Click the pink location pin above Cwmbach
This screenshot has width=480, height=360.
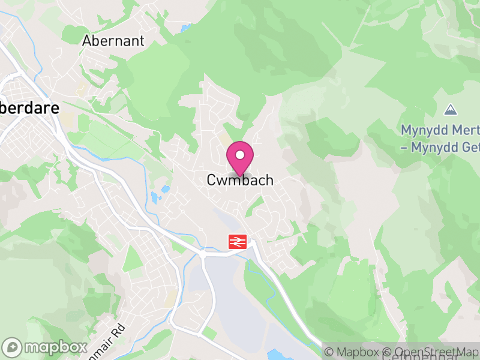pos(240,158)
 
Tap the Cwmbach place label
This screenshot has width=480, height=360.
pos(240,180)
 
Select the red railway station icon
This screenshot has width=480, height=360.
pos(238,241)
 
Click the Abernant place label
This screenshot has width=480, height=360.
pos(113,41)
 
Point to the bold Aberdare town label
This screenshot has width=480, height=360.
pos(30,109)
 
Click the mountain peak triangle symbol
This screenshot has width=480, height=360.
pos(450,110)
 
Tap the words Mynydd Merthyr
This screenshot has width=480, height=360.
pos(440,130)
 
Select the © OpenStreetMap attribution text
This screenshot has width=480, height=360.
pos(431,352)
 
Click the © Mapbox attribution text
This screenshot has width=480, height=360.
pos(354,352)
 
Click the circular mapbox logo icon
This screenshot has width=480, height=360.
pos(13,347)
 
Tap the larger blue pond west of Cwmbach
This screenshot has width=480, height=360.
pos(155,197)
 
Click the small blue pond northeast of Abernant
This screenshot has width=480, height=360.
pos(184,28)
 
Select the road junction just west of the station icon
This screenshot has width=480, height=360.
pos(203,254)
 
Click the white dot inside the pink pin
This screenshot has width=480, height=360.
pos(240,155)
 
